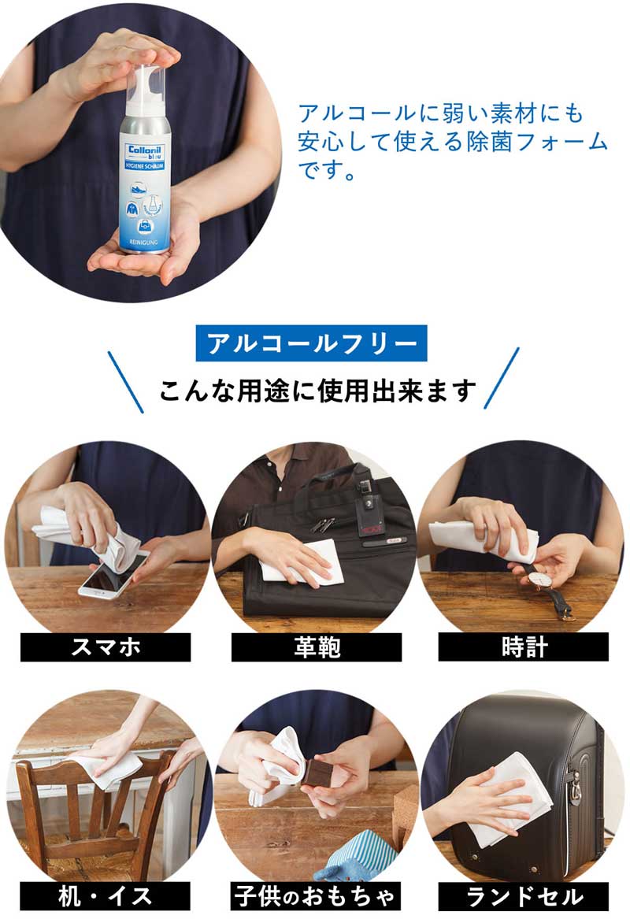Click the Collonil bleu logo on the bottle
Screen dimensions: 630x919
tap(146, 153)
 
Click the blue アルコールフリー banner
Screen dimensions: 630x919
tap(311, 343)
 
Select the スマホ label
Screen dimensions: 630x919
tap(106, 647)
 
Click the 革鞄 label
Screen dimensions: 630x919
tap(317, 647)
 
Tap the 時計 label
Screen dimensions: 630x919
tap(524, 647)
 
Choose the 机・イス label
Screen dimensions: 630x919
tap(106, 896)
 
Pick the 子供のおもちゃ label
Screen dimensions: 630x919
tap(316, 896)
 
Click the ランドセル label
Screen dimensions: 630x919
tap(524, 896)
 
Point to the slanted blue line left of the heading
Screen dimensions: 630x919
tap(125, 382)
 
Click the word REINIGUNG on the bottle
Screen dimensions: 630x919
tap(143, 242)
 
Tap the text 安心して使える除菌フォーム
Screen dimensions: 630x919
tap(453, 143)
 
